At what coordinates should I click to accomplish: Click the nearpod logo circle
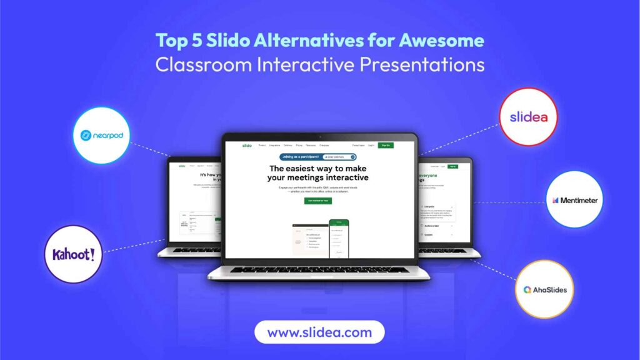point(101,136)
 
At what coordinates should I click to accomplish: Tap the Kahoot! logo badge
point(74,254)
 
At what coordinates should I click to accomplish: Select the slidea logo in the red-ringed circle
point(528,117)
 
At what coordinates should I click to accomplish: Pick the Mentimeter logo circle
point(574,200)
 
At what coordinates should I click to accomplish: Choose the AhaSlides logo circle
point(545,289)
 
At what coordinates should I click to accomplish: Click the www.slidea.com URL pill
point(319,332)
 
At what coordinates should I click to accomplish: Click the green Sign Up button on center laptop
point(386,145)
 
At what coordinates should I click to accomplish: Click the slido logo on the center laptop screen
point(247,145)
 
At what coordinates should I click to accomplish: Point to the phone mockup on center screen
point(339,237)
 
